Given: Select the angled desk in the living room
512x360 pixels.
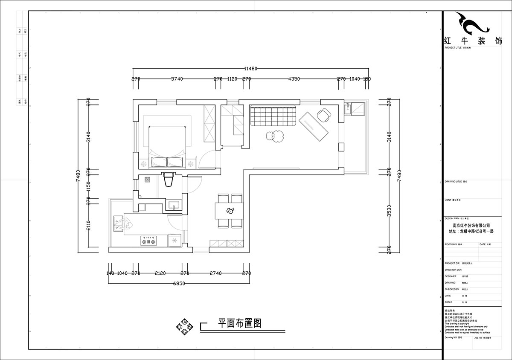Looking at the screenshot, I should (314, 126).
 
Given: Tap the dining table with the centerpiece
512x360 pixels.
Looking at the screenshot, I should (230, 211).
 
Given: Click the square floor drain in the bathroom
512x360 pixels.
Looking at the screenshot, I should (148, 180).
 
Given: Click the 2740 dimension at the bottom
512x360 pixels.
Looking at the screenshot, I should (216, 273).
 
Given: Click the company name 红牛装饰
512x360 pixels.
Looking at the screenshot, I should (472, 41).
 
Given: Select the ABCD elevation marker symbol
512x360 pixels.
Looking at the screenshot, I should (184, 327).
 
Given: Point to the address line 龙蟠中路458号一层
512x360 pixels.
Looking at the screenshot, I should (471, 232).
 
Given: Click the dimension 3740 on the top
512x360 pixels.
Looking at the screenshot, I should (177, 79).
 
